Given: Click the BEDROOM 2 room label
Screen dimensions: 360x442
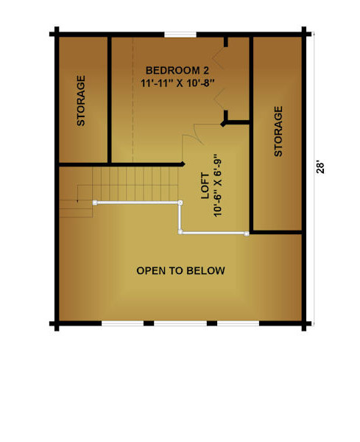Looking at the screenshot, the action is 177,71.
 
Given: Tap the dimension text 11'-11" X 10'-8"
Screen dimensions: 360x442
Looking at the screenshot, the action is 177,83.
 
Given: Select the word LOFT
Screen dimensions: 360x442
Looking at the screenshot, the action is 205,186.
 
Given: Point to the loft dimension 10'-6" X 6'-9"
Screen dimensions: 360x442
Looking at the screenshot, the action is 218,185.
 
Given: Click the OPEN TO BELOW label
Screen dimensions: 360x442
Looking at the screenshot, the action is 180,271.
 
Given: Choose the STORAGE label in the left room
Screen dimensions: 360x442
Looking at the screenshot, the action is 81,100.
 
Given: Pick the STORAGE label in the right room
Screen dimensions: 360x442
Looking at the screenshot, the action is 278,131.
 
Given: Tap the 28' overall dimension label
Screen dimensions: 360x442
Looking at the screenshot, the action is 320,167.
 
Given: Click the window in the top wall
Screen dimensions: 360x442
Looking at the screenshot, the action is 180,35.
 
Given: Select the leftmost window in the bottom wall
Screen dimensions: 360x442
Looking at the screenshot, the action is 122,323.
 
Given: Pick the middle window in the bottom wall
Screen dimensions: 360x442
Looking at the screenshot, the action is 180,323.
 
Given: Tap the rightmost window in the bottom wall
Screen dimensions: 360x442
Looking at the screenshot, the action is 238,323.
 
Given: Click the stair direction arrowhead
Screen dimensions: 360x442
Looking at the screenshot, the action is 77,200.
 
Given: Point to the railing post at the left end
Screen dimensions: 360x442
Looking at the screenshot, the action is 95,203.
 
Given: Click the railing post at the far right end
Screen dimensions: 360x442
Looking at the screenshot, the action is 247,234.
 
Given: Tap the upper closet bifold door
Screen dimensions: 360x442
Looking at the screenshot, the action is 219,58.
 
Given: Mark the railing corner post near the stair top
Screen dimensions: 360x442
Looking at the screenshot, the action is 180,203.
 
